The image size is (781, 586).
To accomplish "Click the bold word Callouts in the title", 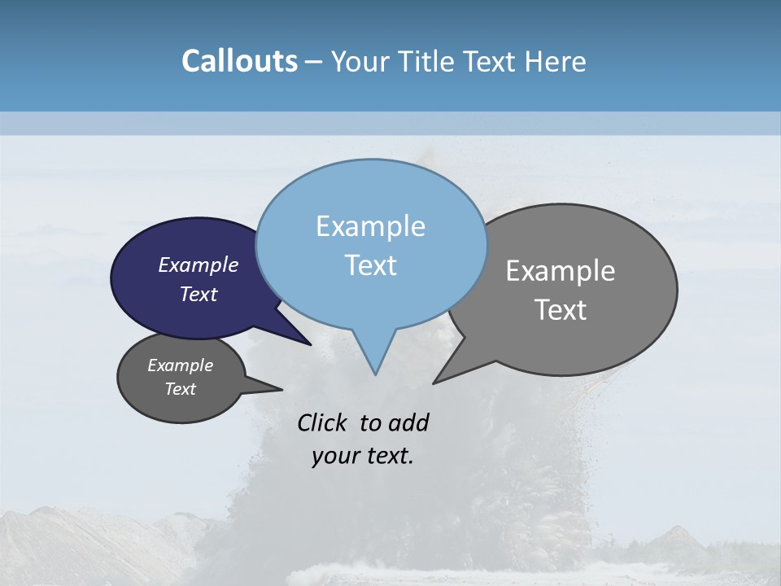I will [x=239, y=61].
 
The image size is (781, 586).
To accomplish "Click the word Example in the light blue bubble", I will [x=370, y=226].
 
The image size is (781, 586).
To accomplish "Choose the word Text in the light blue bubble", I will [x=370, y=265].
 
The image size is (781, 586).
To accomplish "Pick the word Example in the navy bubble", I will [x=199, y=265].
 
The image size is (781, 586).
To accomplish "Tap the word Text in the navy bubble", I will [x=199, y=294].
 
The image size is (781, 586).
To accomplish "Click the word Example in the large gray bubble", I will [x=561, y=270].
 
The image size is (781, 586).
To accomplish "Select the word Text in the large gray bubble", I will [x=561, y=309].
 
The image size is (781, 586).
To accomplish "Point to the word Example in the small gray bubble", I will [x=180, y=365].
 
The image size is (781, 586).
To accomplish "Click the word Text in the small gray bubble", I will [x=180, y=389].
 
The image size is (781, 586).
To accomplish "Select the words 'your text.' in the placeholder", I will [x=363, y=456].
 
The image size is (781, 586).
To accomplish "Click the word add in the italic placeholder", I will [x=408, y=422].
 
